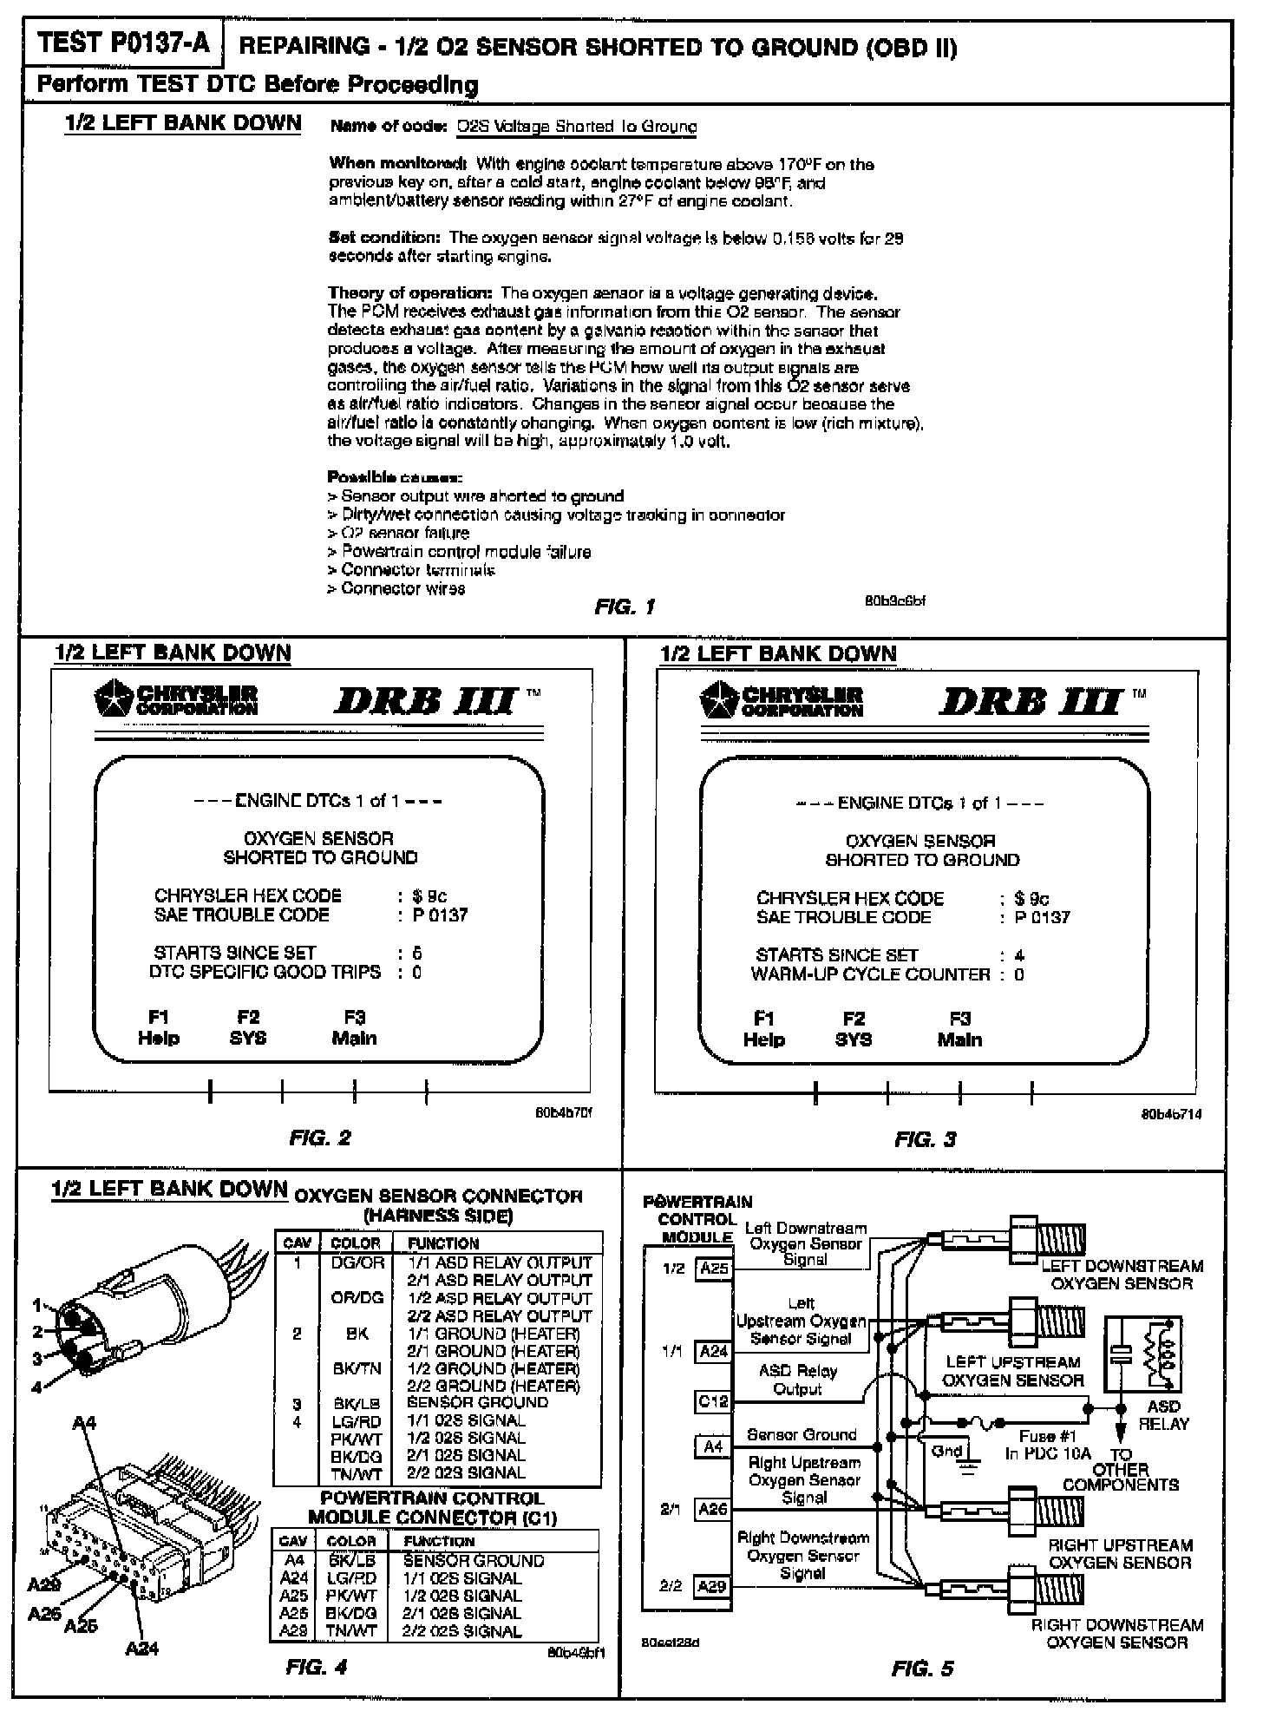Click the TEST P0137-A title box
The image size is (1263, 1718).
point(123,45)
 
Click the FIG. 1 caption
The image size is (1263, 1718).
point(625,607)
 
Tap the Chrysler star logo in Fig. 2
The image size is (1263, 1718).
point(113,699)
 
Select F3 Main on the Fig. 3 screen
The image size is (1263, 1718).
point(959,1029)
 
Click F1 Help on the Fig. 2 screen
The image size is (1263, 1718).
point(159,1027)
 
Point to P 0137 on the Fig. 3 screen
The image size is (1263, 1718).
point(1044,917)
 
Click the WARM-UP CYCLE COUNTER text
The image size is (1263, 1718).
point(870,974)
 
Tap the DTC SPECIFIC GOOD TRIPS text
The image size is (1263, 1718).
point(265,972)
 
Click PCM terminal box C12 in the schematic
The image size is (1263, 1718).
point(713,1401)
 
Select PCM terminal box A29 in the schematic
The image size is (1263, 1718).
point(713,1587)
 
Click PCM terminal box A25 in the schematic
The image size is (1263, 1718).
point(714,1269)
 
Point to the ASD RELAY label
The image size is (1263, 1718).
point(1163,1414)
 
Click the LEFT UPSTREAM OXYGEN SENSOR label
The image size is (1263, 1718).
point(1012,1371)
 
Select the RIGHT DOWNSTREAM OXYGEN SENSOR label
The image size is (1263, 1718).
point(1116,1633)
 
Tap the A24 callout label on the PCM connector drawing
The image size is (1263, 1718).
point(142,1647)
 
